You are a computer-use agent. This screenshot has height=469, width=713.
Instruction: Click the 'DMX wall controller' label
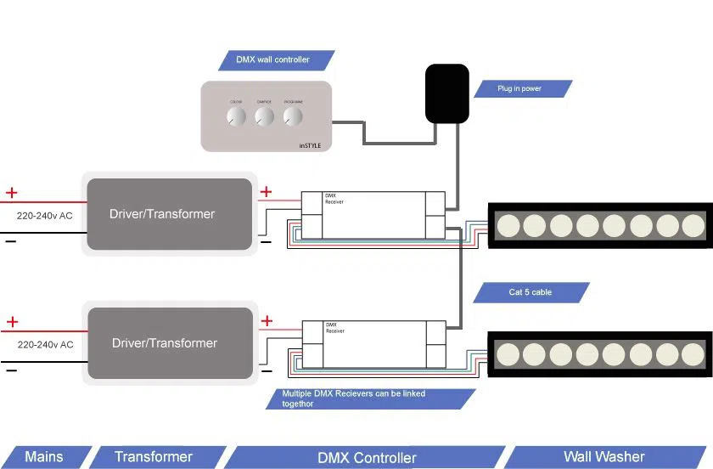pyautogui.click(x=272, y=60)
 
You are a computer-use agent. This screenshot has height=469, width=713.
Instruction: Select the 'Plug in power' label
pyautogui.click(x=519, y=88)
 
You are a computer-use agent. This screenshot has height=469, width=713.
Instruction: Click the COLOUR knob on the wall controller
pyautogui.click(x=236, y=116)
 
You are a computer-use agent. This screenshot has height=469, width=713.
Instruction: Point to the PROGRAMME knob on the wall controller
pyautogui.click(x=293, y=116)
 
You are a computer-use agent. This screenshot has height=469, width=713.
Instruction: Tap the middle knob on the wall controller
pyautogui.click(x=264, y=116)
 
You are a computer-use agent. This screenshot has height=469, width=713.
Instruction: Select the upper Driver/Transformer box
pyautogui.click(x=168, y=214)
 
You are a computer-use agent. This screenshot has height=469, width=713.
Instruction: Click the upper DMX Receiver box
pyautogui.click(x=373, y=214)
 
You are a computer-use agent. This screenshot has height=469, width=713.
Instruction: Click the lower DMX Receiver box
pyautogui.click(x=374, y=343)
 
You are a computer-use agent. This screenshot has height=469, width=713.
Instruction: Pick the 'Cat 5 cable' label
pyautogui.click(x=531, y=292)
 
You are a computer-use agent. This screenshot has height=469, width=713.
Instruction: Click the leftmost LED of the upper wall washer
pyautogui.click(x=508, y=225)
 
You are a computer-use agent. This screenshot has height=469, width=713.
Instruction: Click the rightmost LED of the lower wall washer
pyautogui.click(x=693, y=353)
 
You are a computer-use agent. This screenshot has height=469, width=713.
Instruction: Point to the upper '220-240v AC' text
pyautogui.click(x=45, y=216)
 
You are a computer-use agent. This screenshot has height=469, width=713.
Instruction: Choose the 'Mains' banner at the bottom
pyautogui.click(x=44, y=457)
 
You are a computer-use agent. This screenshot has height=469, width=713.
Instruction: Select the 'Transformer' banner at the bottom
pyautogui.click(x=154, y=457)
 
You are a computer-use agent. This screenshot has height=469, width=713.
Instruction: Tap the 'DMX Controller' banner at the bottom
pyautogui.click(x=367, y=458)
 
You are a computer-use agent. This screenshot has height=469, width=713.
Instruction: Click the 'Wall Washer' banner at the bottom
pyautogui.click(x=604, y=457)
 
